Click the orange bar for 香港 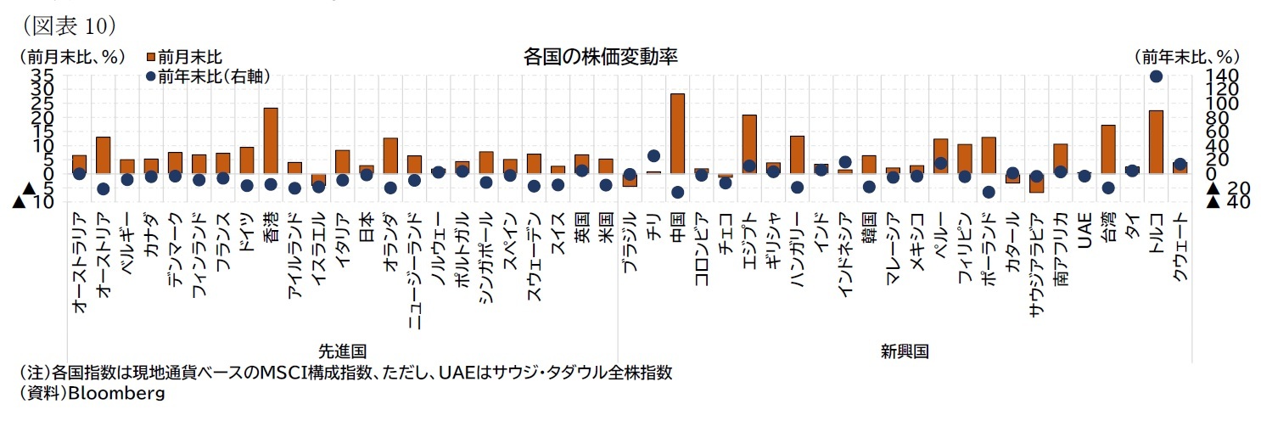271,140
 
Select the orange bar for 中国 677,133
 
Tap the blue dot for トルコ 1155,76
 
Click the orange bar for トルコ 1155,142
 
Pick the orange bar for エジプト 749,143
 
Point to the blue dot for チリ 653,155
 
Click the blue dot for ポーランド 989,192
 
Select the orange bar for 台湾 1107,149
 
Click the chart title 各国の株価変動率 600,57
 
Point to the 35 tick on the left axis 42,76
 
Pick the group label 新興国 904,351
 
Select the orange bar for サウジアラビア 1036,182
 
